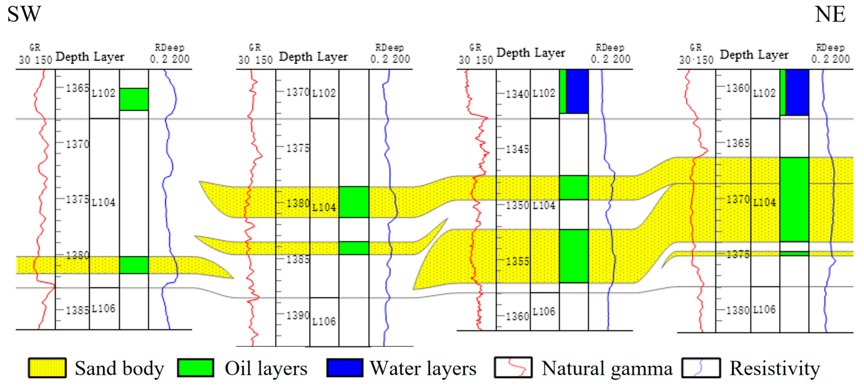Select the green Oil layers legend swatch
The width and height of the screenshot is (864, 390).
click(196, 368)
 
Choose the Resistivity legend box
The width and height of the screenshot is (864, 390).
click(701, 368)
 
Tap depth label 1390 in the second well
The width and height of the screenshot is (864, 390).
click(297, 315)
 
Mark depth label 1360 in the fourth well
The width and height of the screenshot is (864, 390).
click(738, 88)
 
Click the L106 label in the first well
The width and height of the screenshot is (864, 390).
click(103, 309)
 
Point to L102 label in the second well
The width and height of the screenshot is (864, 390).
click(324, 93)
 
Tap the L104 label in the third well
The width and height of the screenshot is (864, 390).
click(544, 205)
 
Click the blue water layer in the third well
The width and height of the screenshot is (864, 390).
click(577, 91)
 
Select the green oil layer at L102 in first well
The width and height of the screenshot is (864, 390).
click(134, 99)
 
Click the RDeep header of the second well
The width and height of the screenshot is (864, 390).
click(389, 48)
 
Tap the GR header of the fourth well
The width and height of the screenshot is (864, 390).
click(696, 48)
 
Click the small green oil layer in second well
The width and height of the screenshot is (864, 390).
click(354, 248)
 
